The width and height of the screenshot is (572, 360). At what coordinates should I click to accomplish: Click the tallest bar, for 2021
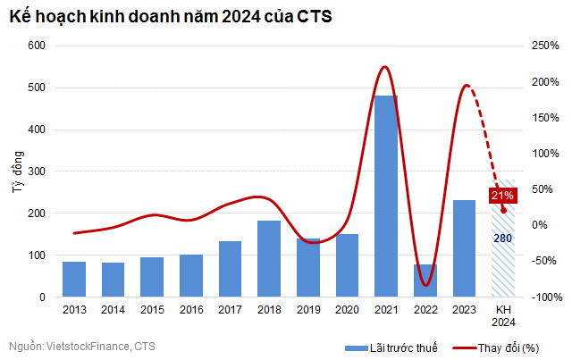(385, 196)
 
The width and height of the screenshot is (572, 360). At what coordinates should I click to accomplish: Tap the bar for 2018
(269, 258)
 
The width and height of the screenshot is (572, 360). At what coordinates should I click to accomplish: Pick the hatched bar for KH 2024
(502, 268)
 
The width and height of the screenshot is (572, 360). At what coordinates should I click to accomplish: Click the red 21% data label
(501, 195)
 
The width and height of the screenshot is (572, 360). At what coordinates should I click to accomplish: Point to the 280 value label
(502, 239)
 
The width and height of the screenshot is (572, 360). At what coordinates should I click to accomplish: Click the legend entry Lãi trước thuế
(383, 347)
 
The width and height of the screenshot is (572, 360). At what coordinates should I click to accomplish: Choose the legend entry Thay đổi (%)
(501, 347)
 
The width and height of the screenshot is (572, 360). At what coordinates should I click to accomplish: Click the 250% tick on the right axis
(545, 46)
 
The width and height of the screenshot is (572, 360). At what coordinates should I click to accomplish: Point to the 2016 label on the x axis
(191, 309)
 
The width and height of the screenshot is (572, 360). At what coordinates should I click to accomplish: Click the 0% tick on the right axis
(540, 225)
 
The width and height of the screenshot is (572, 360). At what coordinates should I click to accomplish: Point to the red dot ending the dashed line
(503, 211)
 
